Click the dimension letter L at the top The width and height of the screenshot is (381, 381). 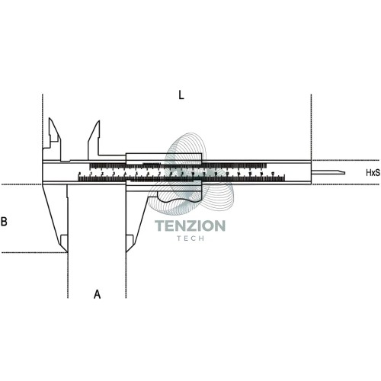(181, 95)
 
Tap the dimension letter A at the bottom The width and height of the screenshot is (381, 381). (97, 294)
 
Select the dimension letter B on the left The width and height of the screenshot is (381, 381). (4, 222)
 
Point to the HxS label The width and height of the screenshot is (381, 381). (373, 173)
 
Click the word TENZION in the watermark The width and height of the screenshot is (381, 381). (190, 226)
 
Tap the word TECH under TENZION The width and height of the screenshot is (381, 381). (190, 239)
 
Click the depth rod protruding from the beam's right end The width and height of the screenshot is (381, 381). (328, 172)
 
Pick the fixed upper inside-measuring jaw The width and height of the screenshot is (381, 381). (54, 139)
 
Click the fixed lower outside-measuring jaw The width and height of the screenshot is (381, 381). (57, 216)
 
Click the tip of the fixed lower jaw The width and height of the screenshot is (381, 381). (67, 252)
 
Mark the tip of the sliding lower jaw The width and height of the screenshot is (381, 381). (126, 252)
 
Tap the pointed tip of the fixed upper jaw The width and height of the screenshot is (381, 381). (50, 118)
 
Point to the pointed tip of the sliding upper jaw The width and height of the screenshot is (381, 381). (99, 120)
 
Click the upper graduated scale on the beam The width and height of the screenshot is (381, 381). (178, 166)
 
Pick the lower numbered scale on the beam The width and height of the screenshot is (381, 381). (181, 177)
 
